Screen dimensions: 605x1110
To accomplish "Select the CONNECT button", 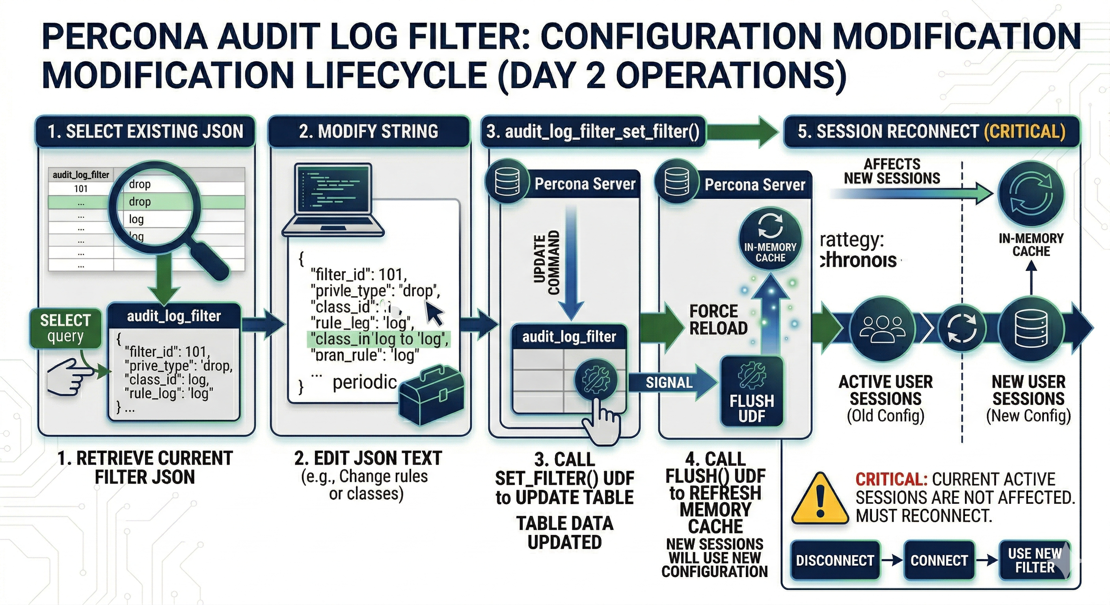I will coord(939,560).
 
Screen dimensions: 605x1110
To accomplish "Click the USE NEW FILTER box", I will coord(1034,560).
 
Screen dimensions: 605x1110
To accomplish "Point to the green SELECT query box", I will coord(65,328).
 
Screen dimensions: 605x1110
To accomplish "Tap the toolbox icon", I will coord(431,392).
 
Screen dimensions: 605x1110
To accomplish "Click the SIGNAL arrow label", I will coord(669,382).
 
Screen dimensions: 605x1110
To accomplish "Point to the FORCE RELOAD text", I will coord(718,319).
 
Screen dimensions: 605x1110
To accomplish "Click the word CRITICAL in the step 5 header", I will coord(1024,131).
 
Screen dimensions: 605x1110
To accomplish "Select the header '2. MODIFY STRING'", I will coord(369,131).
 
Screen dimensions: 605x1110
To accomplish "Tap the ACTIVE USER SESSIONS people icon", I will coord(882,328).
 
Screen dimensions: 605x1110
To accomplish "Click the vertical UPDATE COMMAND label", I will coord(546,264).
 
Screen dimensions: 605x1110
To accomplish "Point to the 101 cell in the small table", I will coord(80,189).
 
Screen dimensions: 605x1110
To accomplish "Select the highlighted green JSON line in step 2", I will coord(378,339).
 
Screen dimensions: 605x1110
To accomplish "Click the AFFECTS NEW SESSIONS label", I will coord(892,171).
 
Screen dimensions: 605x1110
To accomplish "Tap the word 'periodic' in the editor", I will coord(365,382).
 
